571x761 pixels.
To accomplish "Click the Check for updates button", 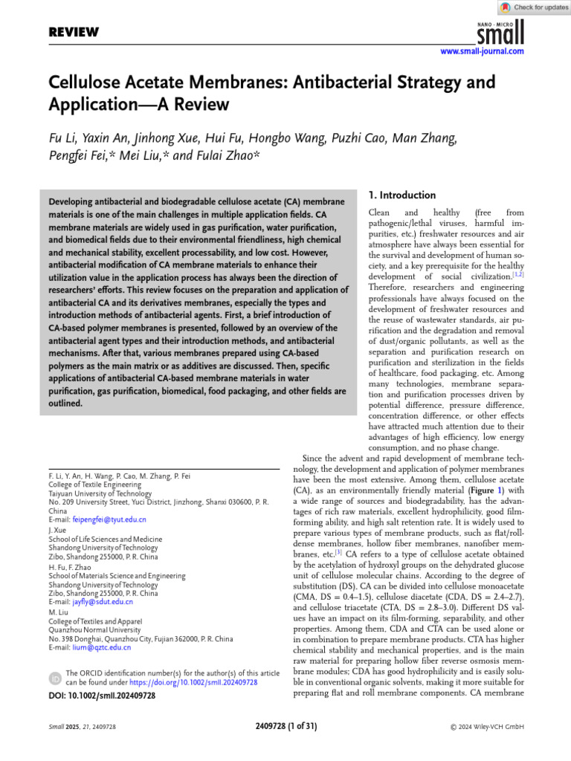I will [x=534, y=7].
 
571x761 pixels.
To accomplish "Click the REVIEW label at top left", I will [x=74, y=32].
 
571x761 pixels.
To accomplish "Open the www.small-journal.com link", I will [x=482, y=51].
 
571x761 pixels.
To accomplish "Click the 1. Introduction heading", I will [x=402, y=195].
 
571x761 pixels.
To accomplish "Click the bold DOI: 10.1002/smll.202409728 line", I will [x=101, y=696].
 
